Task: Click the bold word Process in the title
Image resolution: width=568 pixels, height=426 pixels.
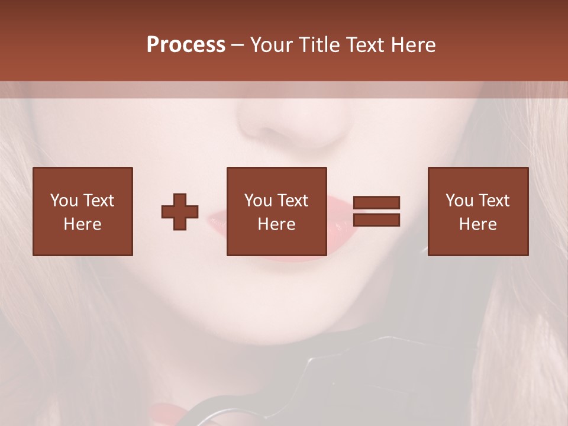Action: coord(186,45)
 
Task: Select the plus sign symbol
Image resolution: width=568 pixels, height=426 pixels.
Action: coord(180,212)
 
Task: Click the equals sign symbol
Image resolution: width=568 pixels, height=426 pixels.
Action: coord(376,211)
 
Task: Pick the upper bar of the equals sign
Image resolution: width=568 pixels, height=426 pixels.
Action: coord(376,203)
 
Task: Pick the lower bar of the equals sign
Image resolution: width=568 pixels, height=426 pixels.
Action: coord(376,220)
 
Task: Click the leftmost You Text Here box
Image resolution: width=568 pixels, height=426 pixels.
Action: coord(83,211)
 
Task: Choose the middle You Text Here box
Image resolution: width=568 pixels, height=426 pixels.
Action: coord(276,211)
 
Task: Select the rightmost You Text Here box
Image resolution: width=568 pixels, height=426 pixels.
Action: coord(478,211)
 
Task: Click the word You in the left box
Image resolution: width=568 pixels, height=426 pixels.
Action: coord(63,201)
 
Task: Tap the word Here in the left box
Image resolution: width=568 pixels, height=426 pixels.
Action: coord(83,224)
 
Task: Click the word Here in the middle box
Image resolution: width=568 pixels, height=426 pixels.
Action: coord(276,224)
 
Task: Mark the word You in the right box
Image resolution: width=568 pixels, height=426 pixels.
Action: coord(459,201)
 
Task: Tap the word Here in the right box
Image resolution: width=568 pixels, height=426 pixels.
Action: coord(478,224)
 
